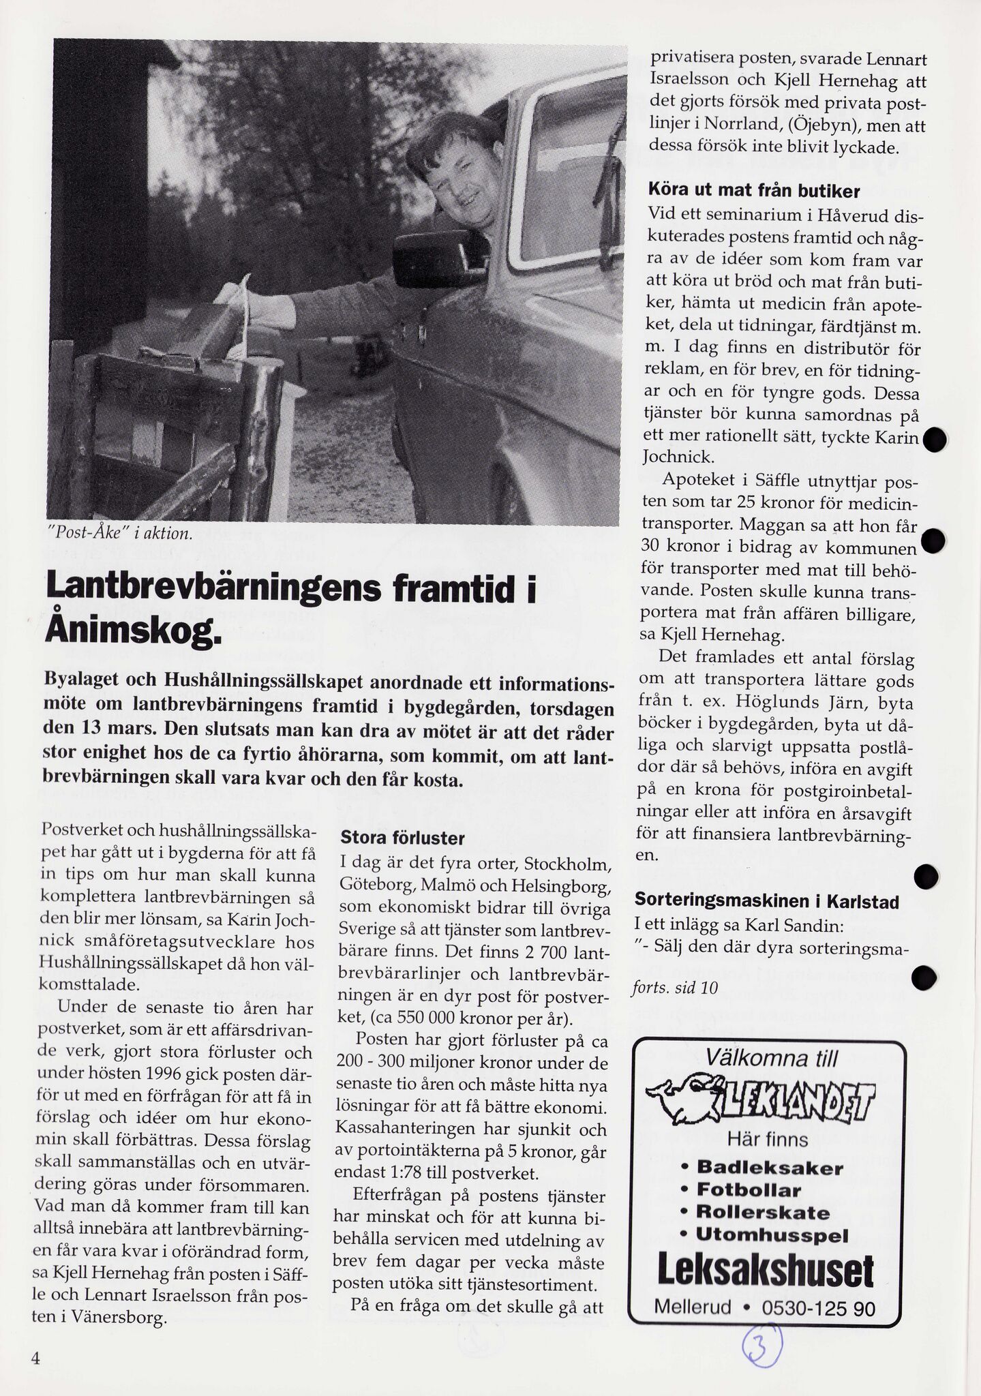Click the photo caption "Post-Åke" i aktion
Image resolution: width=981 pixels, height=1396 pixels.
click(x=120, y=534)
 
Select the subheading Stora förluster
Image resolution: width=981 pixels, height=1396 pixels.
click(x=402, y=838)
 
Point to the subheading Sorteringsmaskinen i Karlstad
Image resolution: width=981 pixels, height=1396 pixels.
click(x=766, y=901)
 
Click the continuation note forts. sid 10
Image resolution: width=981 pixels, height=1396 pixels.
click(x=675, y=988)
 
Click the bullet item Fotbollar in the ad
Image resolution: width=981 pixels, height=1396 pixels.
click(x=748, y=1191)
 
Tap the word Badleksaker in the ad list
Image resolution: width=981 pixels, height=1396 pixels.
click(x=770, y=1168)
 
